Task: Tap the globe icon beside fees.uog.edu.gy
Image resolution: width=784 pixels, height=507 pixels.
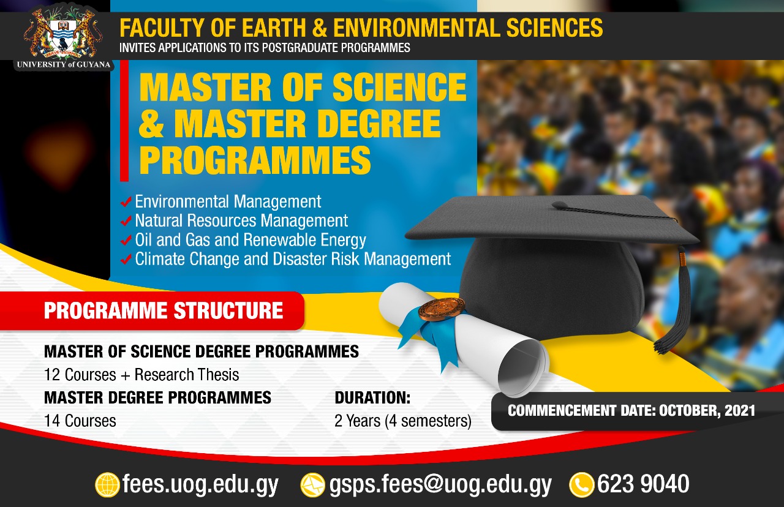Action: [x=107, y=485]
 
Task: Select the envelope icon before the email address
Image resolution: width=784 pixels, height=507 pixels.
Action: [x=312, y=485]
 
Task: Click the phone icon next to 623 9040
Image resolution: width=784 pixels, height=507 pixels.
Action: [x=581, y=485]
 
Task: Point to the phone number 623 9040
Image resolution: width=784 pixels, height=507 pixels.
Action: [x=643, y=484]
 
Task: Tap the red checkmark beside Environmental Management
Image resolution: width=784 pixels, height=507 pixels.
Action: [x=127, y=201]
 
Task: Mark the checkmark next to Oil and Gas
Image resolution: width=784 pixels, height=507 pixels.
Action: [x=127, y=240]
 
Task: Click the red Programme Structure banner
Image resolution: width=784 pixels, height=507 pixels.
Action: [x=163, y=311]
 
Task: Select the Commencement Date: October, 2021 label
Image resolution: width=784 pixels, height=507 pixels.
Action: [x=631, y=410]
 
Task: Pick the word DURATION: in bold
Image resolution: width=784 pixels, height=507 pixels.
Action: [x=372, y=398]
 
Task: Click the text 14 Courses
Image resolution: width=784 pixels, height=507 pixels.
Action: [x=80, y=421]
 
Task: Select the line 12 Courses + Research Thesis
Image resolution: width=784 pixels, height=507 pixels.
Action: [x=141, y=374]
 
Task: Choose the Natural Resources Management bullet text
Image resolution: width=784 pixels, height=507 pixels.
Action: [x=241, y=220]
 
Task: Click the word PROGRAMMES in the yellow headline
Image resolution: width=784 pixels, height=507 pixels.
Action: [x=255, y=159]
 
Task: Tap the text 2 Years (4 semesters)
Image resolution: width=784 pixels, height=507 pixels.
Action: [x=403, y=421]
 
